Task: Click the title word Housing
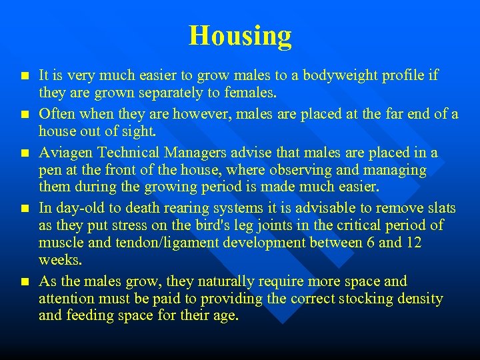pyautogui.click(x=240, y=35)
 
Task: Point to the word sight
pyautogui.click(x=141, y=131)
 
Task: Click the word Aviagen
pyautogui.click(x=66, y=153)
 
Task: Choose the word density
pyautogui.click(x=418, y=297)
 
